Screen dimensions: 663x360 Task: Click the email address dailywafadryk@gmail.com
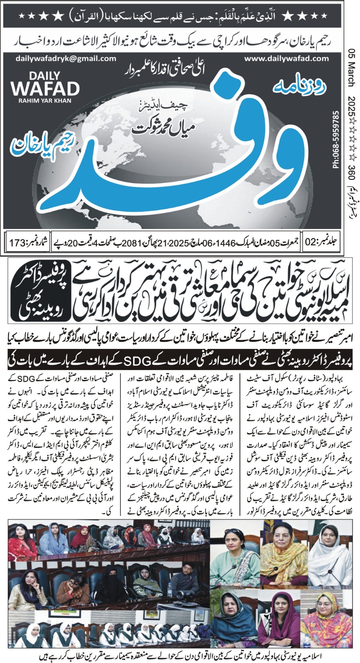pos(54,59)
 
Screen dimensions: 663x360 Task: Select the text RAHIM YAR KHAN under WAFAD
pos(45,101)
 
